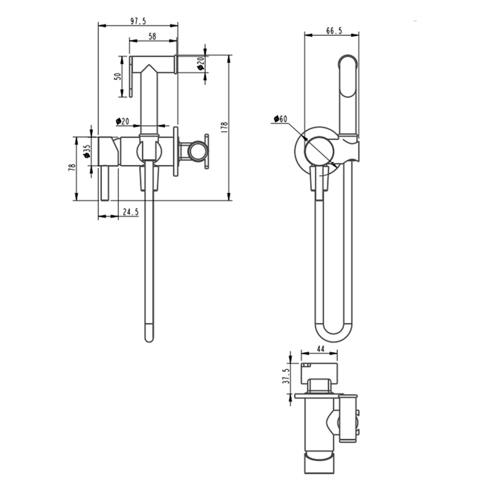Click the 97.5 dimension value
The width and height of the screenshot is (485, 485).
(x=138, y=21)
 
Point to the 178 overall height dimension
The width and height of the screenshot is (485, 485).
(x=224, y=127)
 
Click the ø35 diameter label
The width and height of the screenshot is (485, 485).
(x=87, y=150)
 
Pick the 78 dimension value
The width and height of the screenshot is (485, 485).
(x=72, y=168)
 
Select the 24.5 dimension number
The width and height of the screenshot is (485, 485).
(x=131, y=212)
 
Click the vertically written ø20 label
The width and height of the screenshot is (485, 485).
(x=200, y=62)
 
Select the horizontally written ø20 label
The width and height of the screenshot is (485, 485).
(x=122, y=121)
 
